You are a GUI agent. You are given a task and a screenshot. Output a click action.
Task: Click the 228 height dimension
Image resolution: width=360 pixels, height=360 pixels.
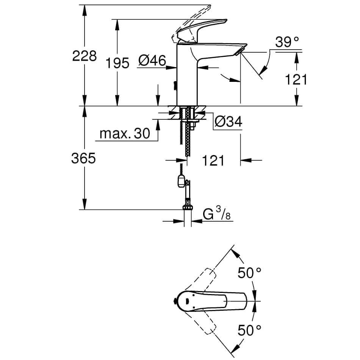click(x=84, y=56)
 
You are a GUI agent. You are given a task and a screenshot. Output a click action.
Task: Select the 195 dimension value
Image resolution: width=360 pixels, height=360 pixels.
click(x=117, y=63)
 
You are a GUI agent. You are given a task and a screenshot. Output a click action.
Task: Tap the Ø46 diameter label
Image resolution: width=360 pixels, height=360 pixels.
click(x=152, y=60)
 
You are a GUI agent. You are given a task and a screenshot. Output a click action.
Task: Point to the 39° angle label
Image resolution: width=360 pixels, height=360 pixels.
click(x=287, y=42)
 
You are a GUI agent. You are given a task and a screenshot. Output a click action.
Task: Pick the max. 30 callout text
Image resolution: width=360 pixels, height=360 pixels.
click(x=125, y=133)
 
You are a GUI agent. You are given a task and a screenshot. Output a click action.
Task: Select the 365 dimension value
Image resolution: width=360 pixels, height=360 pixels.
click(x=83, y=158)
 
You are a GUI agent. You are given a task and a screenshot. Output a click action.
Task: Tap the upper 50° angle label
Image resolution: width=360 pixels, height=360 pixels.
click(x=249, y=272)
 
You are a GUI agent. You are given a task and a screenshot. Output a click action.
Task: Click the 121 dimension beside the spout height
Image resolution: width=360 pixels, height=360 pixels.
click(x=295, y=80)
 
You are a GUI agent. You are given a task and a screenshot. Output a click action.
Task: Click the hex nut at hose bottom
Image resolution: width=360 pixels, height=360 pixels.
click(x=187, y=207)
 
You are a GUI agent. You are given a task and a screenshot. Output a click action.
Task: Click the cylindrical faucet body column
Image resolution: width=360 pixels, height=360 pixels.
click(x=187, y=76)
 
